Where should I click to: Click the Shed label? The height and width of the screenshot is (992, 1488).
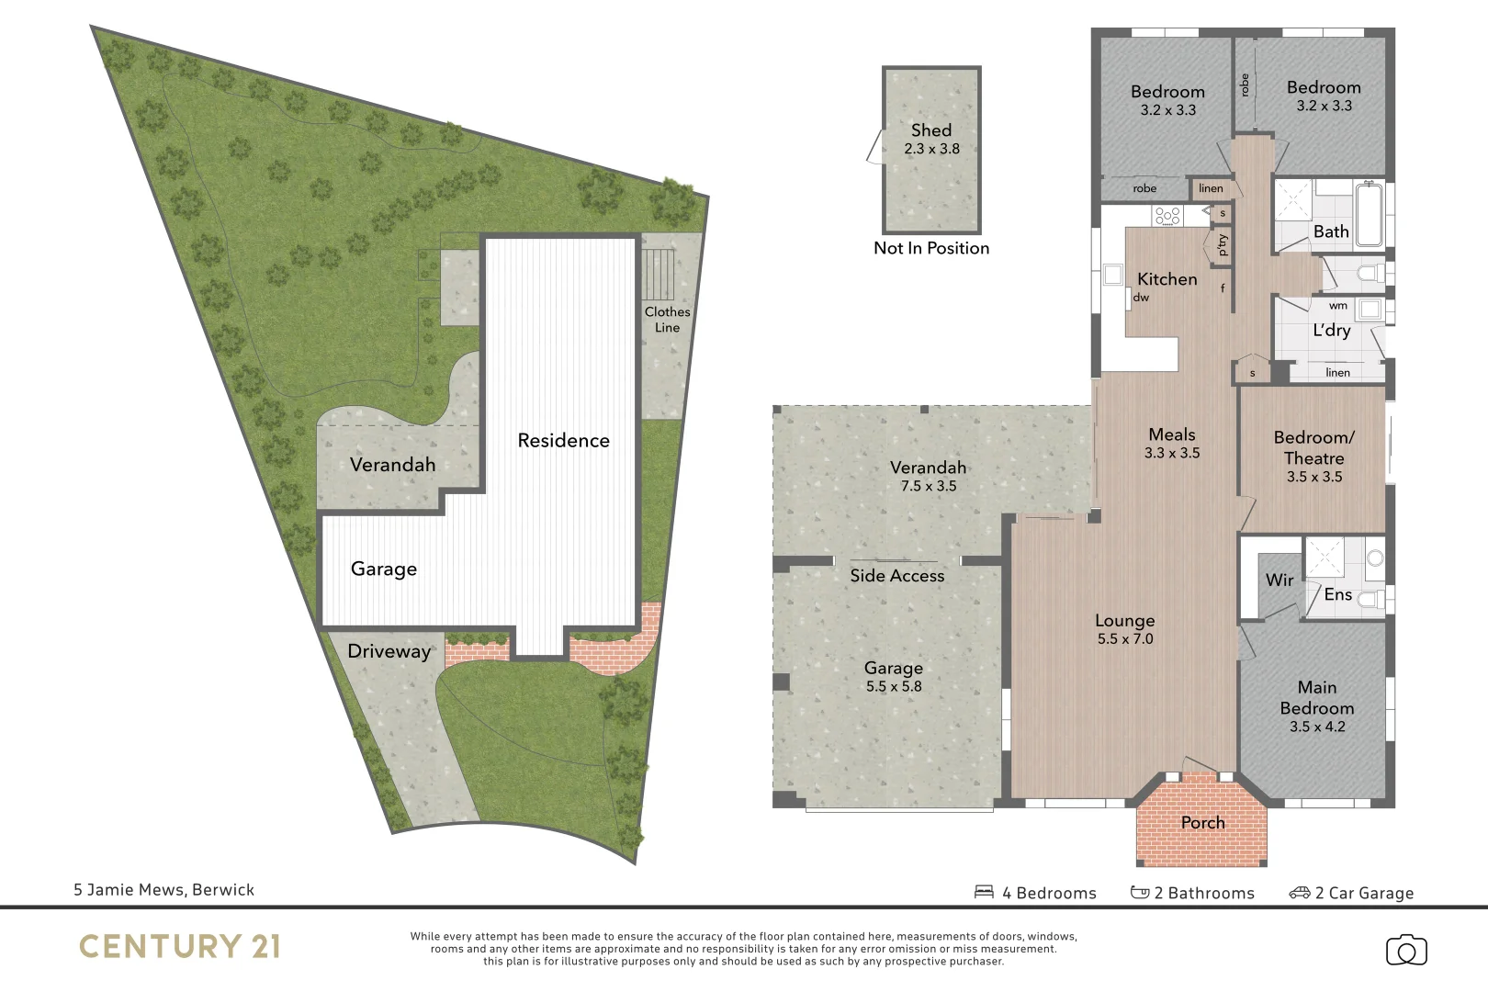(x=930, y=130)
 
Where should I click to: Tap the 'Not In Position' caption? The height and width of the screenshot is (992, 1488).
(x=930, y=248)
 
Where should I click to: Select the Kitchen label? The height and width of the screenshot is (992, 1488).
(x=1167, y=279)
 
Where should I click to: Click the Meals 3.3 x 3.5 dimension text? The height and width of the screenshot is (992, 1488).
(x=1172, y=453)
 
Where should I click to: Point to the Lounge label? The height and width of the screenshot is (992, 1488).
(x=1124, y=621)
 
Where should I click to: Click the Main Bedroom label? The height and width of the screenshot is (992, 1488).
(x=1316, y=698)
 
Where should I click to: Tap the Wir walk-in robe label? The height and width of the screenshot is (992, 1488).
(x=1279, y=580)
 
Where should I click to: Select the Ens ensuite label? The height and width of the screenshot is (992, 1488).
(x=1337, y=594)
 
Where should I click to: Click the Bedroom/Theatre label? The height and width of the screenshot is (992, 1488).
(x=1313, y=447)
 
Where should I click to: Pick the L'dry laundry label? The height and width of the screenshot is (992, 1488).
(x=1331, y=331)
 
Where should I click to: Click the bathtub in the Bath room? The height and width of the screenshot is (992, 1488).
(x=1369, y=215)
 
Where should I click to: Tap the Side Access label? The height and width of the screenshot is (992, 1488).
(x=896, y=576)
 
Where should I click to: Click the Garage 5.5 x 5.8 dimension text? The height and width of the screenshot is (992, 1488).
(x=893, y=686)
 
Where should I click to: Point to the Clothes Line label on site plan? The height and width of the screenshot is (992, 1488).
(x=667, y=320)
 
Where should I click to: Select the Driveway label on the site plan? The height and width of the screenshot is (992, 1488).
(x=389, y=651)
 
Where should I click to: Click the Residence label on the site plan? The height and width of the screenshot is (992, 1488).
(x=563, y=441)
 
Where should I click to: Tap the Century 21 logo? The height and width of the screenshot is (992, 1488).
(x=179, y=947)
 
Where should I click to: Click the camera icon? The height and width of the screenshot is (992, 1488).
(x=1405, y=951)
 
